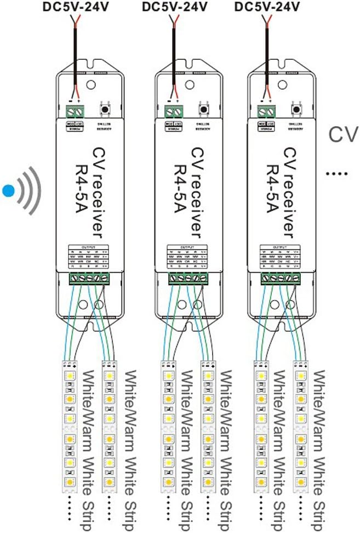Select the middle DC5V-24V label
tap(175, 8)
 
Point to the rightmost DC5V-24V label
tap(267, 8)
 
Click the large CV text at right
tap(343, 135)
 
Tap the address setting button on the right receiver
tap(297, 109)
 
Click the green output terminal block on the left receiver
tap(89, 279)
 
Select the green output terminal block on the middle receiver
tap(187, 279)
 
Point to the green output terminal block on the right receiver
tap(281, 279)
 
